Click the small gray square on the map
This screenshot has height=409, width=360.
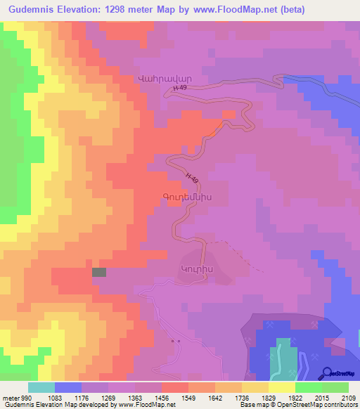click(99, 272)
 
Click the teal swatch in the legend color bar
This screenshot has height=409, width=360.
click(41, 387)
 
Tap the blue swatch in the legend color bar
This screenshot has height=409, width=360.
click(68, 387)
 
